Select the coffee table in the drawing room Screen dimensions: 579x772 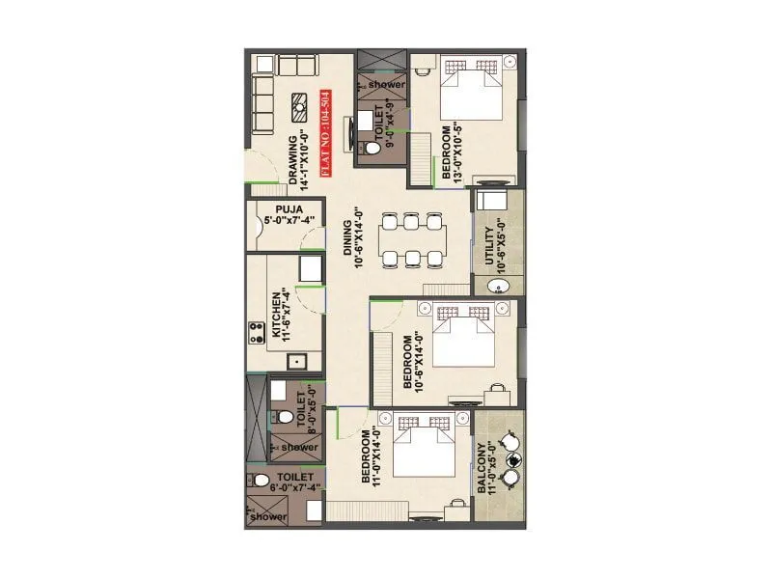point(300,105)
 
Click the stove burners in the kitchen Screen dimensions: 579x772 point(258,334)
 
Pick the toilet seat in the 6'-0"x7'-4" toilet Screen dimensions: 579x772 point(261,480)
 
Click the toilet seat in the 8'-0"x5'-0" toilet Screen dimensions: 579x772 point(282,417)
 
